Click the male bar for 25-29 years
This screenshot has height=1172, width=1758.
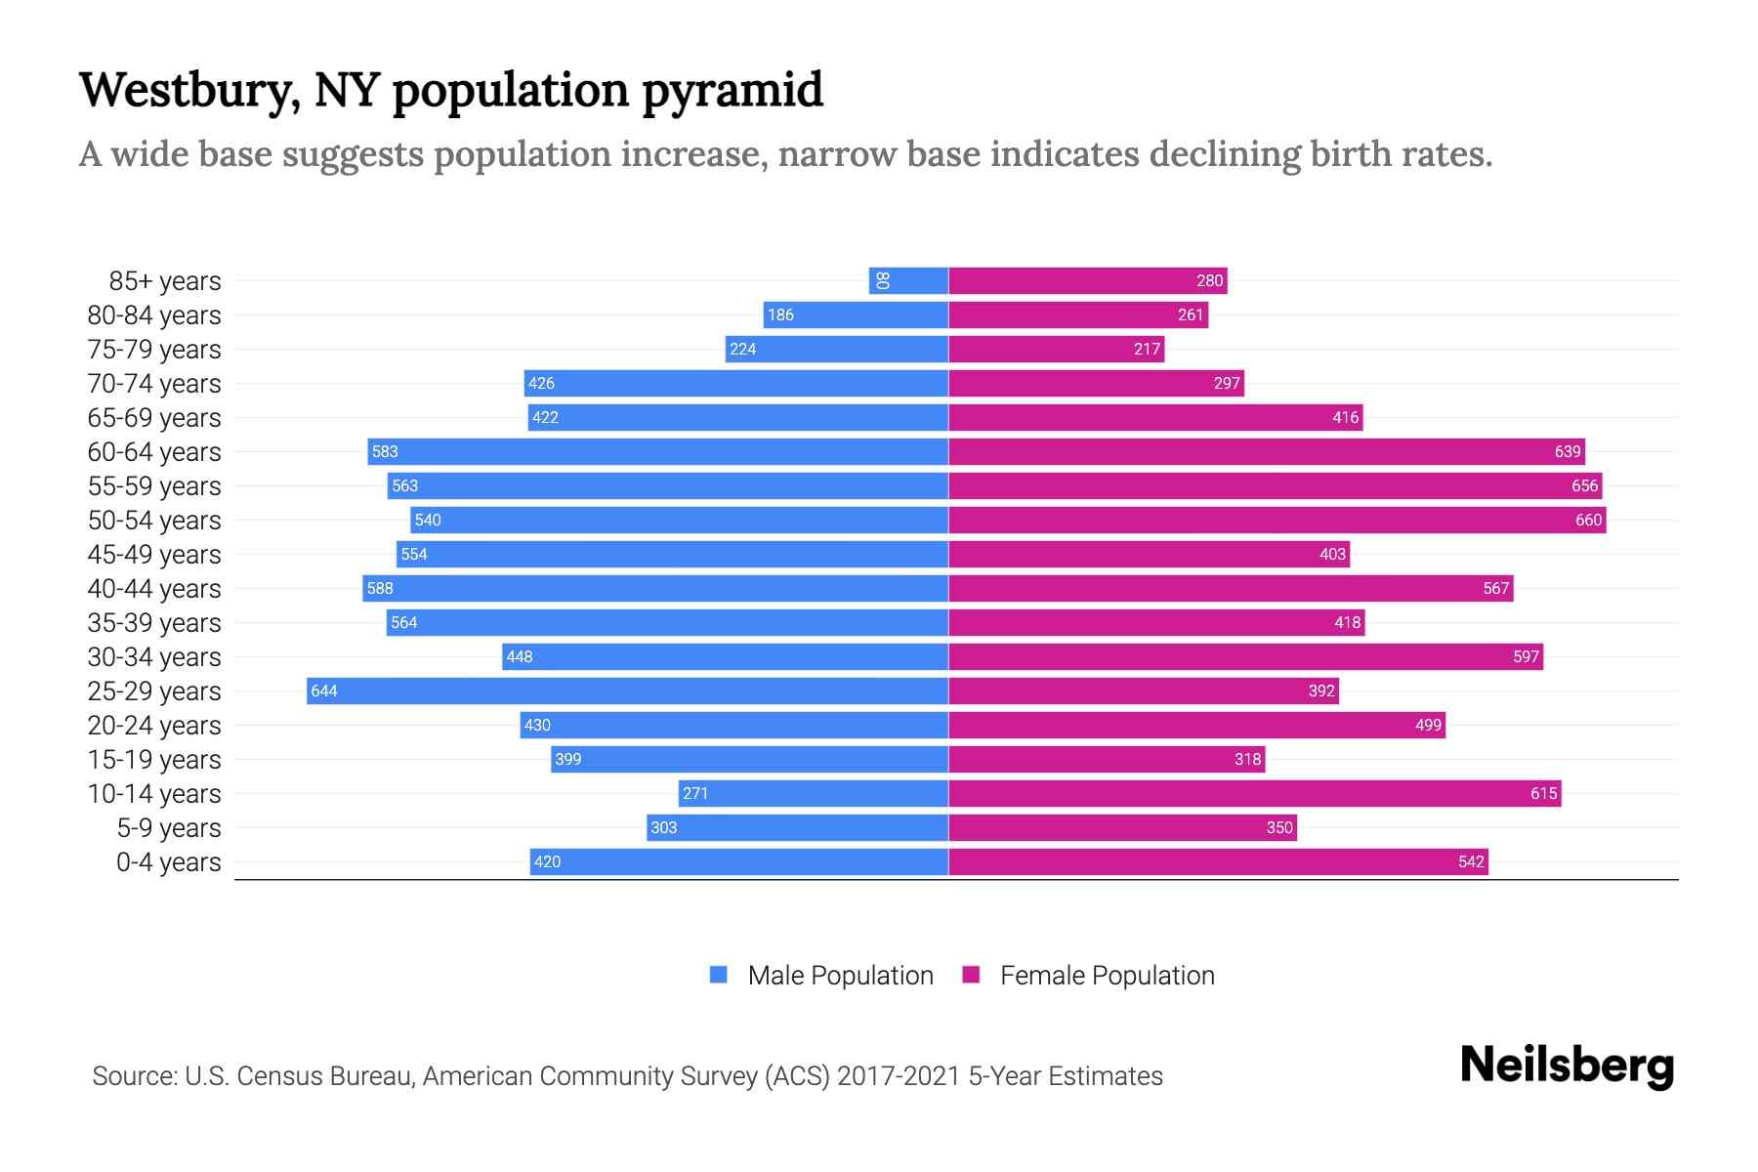[627, 691]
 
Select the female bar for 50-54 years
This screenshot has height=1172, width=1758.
[1277, 521]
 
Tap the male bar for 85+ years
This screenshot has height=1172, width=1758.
[908, 281]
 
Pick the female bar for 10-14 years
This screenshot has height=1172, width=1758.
[1254, 794]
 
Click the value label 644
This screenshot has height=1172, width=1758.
[324, 691]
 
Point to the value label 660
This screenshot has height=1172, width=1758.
[1588, 521]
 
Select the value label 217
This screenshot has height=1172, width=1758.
[1147, 350]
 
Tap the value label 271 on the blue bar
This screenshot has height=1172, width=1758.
[695, 794]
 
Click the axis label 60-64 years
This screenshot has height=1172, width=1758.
[154, 452]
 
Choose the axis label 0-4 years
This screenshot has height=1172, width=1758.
[168, 862]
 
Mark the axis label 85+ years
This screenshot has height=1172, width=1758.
[165, 281]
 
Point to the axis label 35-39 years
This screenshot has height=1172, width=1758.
[154, 623]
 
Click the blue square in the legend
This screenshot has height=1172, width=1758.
[719, 975]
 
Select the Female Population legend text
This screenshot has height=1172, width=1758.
[1107, 976]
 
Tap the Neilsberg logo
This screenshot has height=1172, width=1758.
[1567, 1066]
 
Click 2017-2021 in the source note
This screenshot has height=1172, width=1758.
[899, 1076]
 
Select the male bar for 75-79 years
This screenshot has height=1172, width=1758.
[836, 350]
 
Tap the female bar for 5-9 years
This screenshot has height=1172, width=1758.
[1122, 828]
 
